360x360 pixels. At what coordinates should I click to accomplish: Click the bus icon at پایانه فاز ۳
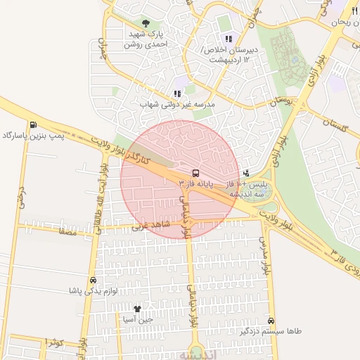pos(195,172)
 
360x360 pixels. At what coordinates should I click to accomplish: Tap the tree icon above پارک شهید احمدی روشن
pos(146,23)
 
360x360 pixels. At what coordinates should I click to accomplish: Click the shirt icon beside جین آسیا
pos(137,308)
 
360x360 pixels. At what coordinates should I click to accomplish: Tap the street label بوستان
pos(281,101)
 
